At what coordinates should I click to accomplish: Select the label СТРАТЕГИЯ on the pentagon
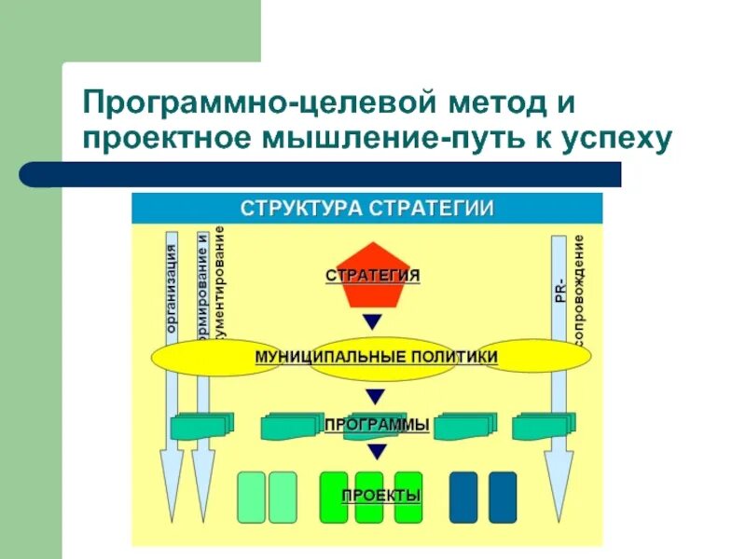pos(373,276)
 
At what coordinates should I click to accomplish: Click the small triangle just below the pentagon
pos(373,322)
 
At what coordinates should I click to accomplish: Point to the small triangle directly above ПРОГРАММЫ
pos(375,394)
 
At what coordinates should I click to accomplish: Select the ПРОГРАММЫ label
pos(377,425)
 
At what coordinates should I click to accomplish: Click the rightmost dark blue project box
pos(503,497)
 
